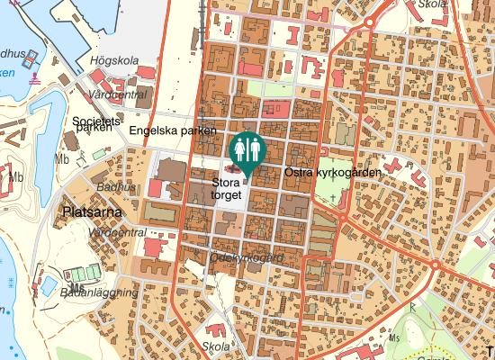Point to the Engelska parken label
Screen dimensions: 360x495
tap(173, 131)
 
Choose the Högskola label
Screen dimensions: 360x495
tap(114, 61)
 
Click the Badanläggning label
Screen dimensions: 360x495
tap(99, 292)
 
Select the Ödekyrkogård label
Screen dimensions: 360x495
tap(246, 257)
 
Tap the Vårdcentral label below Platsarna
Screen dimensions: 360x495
tap(120, 232)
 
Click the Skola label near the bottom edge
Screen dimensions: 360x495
tap(216, 346)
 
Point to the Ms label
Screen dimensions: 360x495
tap(394, 338)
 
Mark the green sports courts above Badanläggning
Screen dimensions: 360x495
tap(82, 271)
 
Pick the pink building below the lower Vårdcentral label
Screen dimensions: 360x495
tap(156, 247)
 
